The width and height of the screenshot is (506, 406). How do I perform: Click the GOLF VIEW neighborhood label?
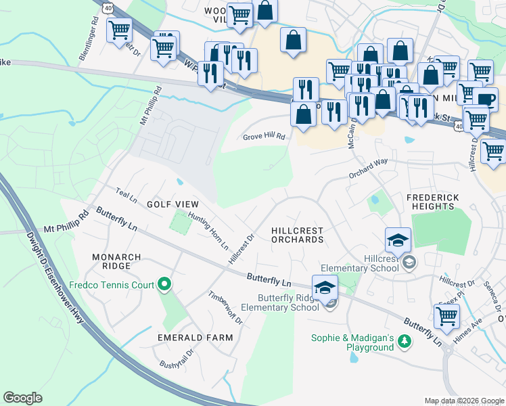pyautogui.click(x=173, y=204)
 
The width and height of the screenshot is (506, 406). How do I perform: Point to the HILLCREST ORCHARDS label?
pyautogui.click(x=297, y=235)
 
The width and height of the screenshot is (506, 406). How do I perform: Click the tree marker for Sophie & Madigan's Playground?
pyautogui.click(x=405, y=340)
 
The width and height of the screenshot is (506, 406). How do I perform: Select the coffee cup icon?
pyautogui.click(x=485, y=100)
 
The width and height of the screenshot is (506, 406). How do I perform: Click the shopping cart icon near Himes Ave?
pyautogui.click(x=446, y=315)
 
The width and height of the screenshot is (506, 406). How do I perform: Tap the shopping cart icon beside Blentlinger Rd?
pyautogui.click(x=119, y=30)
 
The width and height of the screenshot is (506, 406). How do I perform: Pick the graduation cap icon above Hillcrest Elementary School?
pyautogui.click(x=398, y=239)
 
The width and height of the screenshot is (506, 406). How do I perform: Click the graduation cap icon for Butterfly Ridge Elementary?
pyautogui.click(x=325, y=286)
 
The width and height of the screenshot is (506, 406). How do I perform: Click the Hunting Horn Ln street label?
pyautogui.click(x=208, y=229)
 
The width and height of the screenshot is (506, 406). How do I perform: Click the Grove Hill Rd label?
pyautogui.click(x=264, y=137)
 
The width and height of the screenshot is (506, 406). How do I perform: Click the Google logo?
pyautogui.click(x=23, y=397)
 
